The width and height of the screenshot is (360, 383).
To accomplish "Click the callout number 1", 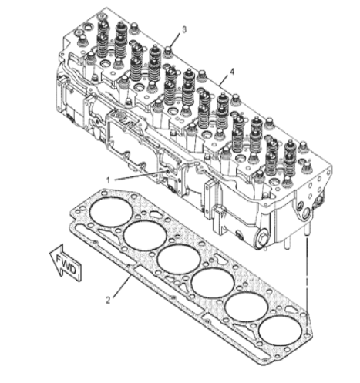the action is pos(109,180).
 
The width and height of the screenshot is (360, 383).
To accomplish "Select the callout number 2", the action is pos(108,300).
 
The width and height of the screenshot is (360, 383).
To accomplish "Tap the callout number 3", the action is pos(184,29).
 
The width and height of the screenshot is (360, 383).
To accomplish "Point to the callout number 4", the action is pos(232,72).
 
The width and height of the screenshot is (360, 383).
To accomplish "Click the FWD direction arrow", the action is pos(66,263).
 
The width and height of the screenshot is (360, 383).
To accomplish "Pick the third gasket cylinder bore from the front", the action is pos(179,260).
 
